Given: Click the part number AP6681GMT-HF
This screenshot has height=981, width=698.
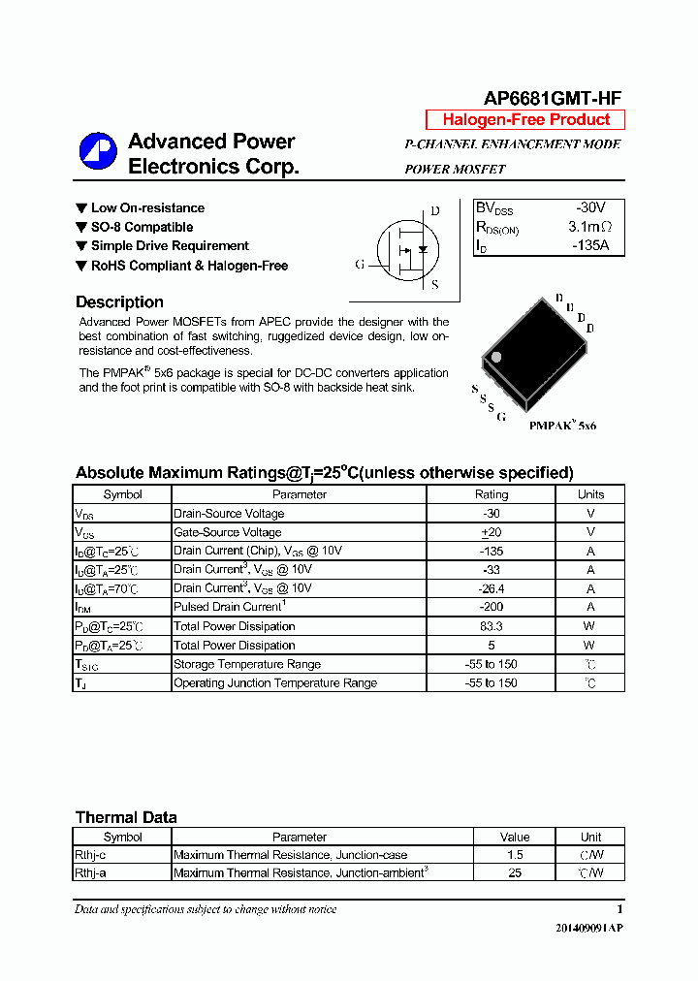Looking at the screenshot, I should pyautogui.click(x=553, y=97).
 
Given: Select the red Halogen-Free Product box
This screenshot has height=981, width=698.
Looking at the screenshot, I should pyautogui.click(x=525, y=120).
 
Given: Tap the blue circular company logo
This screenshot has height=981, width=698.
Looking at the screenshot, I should pyautogui.click(x=98, y=151).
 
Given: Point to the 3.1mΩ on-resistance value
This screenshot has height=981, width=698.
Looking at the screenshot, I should pyautogui.click(x=589, y=227).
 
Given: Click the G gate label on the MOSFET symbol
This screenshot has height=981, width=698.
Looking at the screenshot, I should pyautogui.click(x=360, y=265).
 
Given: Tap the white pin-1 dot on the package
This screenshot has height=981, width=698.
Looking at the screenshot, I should pyautogui.click(x=496, y=358).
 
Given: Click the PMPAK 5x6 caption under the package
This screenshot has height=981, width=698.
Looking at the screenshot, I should pyautogui.click(x=562, y=426).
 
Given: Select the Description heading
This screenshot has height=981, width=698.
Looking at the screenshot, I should pyautogui.click(x=119, y=302).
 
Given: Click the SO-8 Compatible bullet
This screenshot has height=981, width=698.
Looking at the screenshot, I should pyautogui.click(x=142, y=227).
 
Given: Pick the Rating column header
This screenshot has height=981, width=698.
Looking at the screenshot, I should pyautogui.click(x=491, y=494).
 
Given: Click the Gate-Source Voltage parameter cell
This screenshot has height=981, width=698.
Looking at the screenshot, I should pyautogui.click(x=228, y=532).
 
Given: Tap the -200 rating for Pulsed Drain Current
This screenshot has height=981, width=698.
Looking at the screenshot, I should pyautogui.click(x=491, y=608).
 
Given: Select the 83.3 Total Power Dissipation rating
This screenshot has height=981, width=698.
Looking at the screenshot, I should pyautogui.click(x=491, y=626).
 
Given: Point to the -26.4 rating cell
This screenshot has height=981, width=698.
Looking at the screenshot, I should pyautogui.click(x=491, y=588).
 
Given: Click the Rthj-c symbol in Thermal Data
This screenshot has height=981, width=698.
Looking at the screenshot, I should pyautogui.click(x=90, y=855).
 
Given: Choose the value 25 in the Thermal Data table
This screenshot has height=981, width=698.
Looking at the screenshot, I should pyautogui.click(x=515, y=873).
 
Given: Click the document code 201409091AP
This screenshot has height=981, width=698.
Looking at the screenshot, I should pyautogui.click(x=589, y=928).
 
